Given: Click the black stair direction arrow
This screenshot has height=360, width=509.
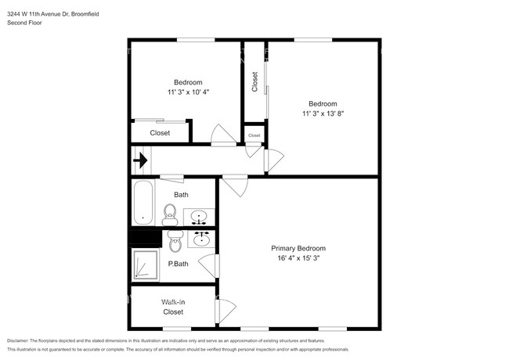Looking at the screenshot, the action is click(x=140, y=160).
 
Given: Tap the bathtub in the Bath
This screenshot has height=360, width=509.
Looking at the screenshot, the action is click(x=143, y=203).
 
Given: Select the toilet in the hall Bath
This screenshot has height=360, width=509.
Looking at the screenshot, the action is click(x=170, y=214).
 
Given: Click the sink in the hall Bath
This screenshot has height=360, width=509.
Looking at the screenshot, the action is click(x=199, y=217).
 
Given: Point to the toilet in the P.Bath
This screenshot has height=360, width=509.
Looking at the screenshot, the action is click(x=176, y=241).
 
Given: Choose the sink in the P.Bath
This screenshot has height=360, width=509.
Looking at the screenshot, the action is click(x=201, y=239).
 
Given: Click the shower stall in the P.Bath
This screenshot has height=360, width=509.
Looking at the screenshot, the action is click(x=146, y=265).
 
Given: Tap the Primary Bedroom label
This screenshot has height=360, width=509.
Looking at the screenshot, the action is click(x=298, y=248).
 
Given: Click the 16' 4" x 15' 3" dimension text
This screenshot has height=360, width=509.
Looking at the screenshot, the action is click(x=298, y=258).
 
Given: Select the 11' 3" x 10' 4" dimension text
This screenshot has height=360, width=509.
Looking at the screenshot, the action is click(x=188, y=92).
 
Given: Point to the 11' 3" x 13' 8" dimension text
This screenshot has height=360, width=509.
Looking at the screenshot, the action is click(x=323, y=113).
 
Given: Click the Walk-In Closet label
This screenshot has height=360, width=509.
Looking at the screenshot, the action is click(x=173, y=307).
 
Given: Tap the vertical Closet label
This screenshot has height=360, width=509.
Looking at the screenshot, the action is click(x=254, y=81).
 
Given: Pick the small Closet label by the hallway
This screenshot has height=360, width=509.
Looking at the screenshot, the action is click(x=254, y=135).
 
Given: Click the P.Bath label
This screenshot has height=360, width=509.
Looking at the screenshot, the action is click(x=178, y=264).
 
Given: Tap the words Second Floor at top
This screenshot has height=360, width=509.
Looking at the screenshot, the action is click(x=24, y=23).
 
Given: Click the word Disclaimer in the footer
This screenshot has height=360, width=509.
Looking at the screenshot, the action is click(x=18, y=340).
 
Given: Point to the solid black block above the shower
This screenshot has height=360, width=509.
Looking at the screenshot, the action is click(x=146, y=239).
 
